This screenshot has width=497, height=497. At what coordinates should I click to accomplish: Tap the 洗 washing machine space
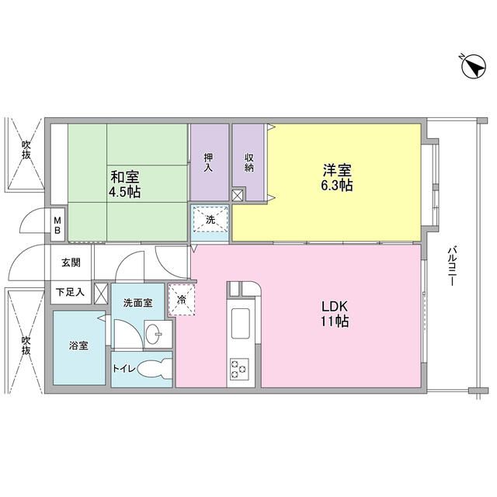210,220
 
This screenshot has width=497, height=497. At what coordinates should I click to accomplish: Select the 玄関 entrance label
71,262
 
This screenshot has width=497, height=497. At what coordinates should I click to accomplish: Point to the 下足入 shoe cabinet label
71,294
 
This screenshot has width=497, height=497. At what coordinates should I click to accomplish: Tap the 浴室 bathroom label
78,345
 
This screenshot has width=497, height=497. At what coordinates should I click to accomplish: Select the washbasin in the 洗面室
157,335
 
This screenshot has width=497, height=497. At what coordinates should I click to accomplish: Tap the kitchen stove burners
238,367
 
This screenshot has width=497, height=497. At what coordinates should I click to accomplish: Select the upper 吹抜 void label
26,148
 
